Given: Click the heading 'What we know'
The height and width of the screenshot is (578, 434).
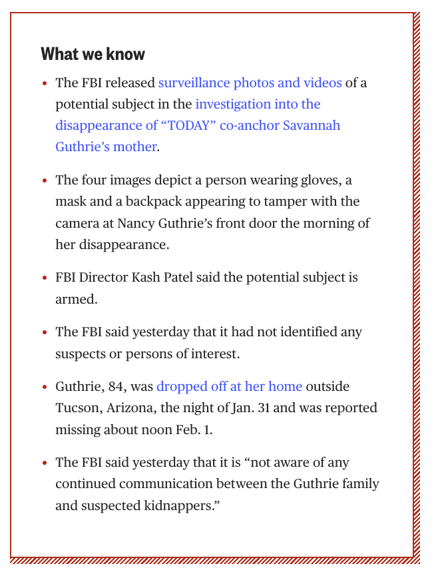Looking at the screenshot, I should click(93, 54).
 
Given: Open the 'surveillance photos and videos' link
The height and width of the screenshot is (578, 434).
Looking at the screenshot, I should click(250, 83).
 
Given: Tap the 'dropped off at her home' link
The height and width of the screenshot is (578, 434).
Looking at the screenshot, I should click(229, 387).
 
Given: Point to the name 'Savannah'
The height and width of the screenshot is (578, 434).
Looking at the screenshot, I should click(314, 126).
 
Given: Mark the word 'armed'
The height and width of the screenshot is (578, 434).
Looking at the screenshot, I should click(76, 299).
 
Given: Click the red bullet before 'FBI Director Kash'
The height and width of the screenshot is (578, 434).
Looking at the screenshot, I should click(45, 278).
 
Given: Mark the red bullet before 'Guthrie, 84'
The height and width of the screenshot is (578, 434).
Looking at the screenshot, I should click(45, 387).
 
